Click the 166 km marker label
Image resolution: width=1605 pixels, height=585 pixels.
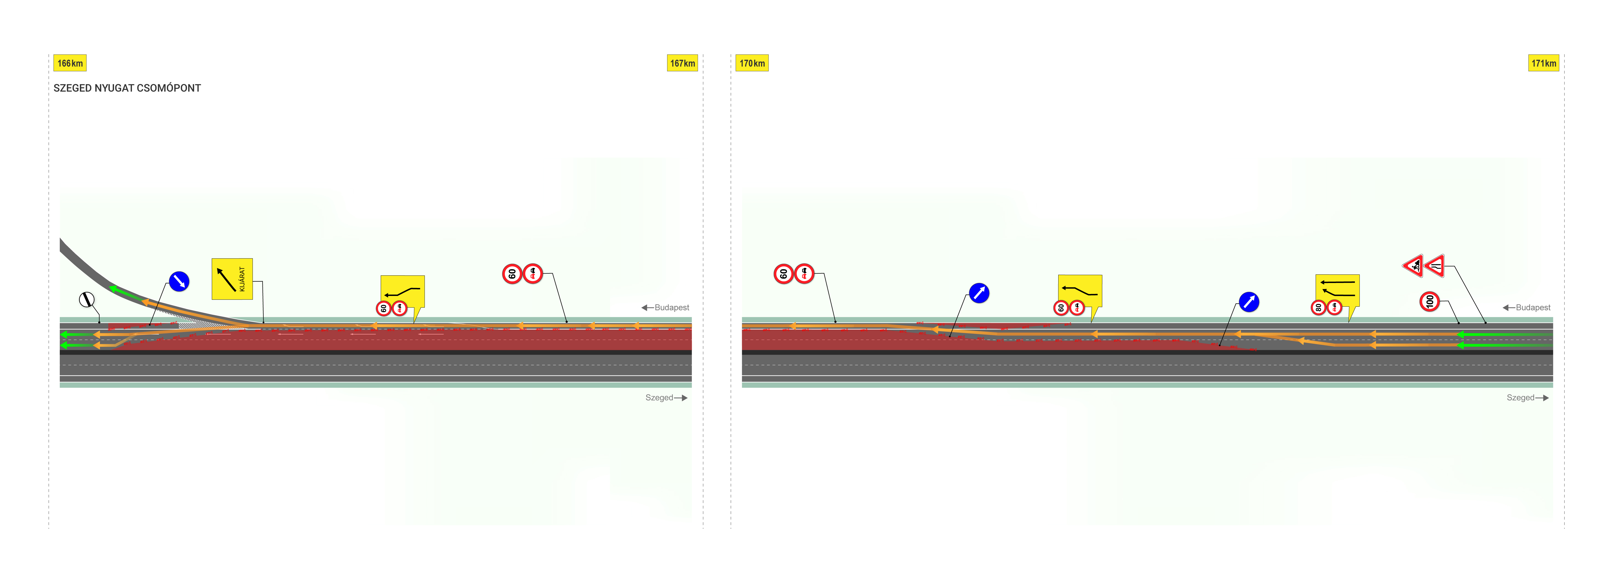pyautogui.click(x=70, y=63)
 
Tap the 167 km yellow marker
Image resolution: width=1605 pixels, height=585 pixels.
pyautogui.click(x=682, y=63)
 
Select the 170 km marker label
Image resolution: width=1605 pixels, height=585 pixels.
pyautogui.click(x=752, y=63)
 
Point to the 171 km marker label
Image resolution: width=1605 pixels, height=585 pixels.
pyautogui.click(x=1543, y=63)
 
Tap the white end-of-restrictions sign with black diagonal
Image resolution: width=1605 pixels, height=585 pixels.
pyautogui.click(x=86, y=300)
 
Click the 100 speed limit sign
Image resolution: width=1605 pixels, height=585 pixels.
pyautogui.click(x=1429, y=301)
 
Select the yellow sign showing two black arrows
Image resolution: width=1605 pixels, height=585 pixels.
pyautogui.click(x=1337, y=290)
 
